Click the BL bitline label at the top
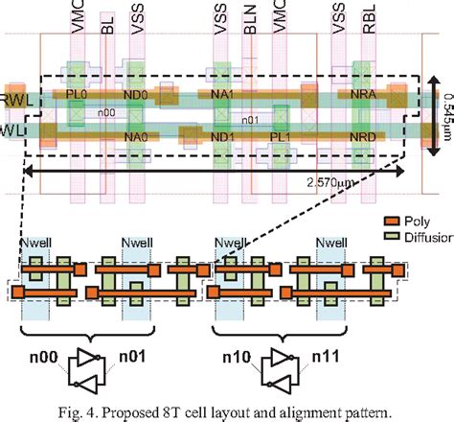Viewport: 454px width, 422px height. [x=107, y=22]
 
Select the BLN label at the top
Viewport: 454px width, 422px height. [x=251, y=20]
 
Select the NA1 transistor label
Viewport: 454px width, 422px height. [x=222, y=96]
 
